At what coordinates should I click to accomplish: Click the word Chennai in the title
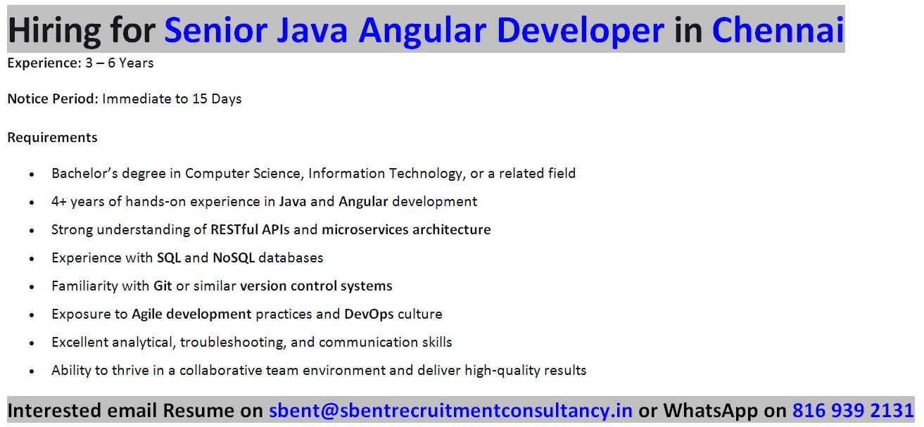[x=778, y=30]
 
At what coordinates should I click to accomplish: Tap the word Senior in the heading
[x=216, y=30]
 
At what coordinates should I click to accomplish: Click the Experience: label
[x=44, y=63]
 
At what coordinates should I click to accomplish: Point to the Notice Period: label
[x=53, y=99]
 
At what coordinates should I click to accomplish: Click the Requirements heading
[x=52, y=137]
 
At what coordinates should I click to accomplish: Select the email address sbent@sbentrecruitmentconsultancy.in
[x=450, y=411]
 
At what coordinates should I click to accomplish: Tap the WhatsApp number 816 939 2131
[x=853, y=410]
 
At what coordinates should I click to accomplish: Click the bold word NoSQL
[x=234, y=258]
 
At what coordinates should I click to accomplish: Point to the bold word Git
[x=163, y=286]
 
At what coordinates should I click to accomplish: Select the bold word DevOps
[x=369, y=314]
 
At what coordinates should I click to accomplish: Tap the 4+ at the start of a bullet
[x=59, y=202]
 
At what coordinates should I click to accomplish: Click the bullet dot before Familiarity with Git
[x=32, y=287]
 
